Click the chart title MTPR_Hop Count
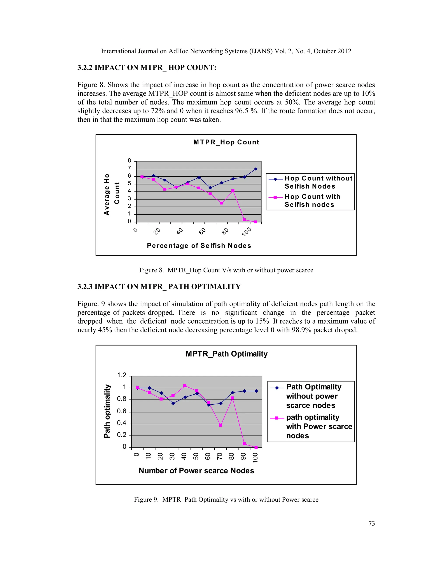pyautogui.click(x=226, y=142)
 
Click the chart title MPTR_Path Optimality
pyautogui.click(x=226, y=354)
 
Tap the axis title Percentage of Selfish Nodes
pyautogui.click(x=199, y=246)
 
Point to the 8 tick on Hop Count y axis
pyautogui.click(x=129, y=161)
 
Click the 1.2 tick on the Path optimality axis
pyautogui.click(x=122, y=375)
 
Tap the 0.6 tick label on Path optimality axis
pyautogui.click(x=122, y=411)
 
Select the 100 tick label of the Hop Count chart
pyautogui.click(x=247, y=232)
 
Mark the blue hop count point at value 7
pyautogui.click(x=255, y=169)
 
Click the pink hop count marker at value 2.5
pyautogui.click(x=221, y=203)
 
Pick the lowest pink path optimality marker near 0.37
pyautogui.click(x=220, y=425)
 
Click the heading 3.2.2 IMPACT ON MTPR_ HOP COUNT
pyautogui.click(x=147, y=68)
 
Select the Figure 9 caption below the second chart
pyautogui.click(x=226, y=499)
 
